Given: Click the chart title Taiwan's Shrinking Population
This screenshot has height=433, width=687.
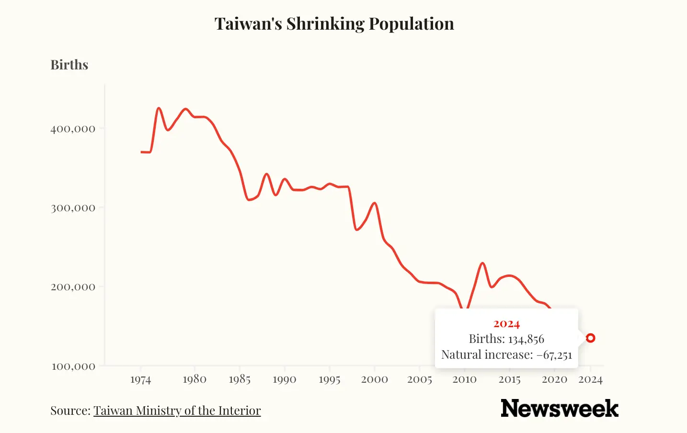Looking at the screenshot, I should coord(334,24).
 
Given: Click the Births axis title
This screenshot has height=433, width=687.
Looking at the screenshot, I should coord(69,65).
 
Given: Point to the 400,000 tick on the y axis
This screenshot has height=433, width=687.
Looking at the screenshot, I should coord(73,128).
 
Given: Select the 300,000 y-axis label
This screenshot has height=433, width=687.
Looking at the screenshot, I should coord(73,208).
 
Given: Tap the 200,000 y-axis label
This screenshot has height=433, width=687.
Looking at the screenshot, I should coord(73,287).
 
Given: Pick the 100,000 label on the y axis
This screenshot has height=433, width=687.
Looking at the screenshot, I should coord(73,366).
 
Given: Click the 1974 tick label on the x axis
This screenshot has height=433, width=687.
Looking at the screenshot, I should coord(140,380).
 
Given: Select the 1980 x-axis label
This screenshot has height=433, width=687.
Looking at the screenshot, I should coord(195,379).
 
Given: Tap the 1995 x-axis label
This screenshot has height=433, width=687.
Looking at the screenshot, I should coord(330,380).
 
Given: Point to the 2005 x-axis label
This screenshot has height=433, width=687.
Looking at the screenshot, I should coord(420,380).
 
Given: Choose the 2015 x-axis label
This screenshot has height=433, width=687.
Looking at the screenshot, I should coord(509,380).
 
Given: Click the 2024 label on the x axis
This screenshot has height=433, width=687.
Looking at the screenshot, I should coord(590,380).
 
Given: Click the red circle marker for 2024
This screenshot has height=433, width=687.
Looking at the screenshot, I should coord(591,338).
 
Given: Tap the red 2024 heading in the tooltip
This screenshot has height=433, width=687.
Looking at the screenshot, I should coord(506,324).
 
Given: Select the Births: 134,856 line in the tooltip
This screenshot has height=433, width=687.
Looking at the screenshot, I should coord(506,339).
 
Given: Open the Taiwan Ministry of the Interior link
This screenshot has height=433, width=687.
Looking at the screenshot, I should coord(177,410).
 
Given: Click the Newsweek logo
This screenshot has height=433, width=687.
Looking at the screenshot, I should coord(559,408).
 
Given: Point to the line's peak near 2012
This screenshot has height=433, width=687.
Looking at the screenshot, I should coord(482,263).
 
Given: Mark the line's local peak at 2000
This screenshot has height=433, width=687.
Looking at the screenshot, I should coord(375,203).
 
